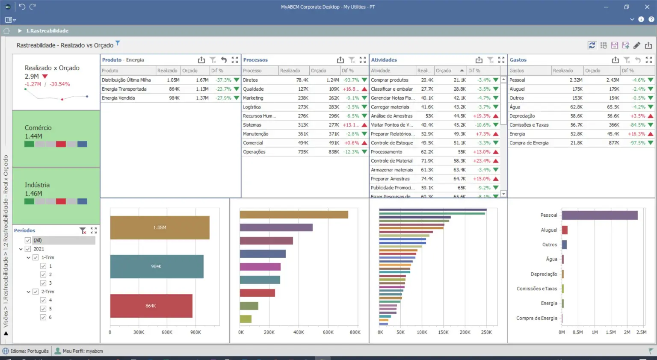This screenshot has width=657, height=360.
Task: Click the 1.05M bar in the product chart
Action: (x=160, y=227)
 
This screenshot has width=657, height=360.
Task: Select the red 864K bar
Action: (x=151, y=306)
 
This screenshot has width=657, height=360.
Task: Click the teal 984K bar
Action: (x=157, y=266)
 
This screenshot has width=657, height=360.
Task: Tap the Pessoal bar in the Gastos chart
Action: (x=599, y=215)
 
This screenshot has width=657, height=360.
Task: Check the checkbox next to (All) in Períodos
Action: (x=28, y=240)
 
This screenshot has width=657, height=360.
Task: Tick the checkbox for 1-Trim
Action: (x=36, y=257)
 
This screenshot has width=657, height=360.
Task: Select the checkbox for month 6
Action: (x=43, y=317)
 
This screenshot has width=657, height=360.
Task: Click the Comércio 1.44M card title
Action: (x=38, y=128)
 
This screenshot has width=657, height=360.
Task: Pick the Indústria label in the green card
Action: (x=37, y=185)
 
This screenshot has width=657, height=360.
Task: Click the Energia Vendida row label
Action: (x=118, y=98)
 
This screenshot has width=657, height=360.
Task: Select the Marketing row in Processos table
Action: (x=253, y=98)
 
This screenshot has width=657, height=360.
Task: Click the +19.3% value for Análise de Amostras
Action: (x=482, y=116)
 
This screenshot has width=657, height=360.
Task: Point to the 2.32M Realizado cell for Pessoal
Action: (x=576, y=80)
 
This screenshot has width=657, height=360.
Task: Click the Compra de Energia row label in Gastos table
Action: (x=529, y=143)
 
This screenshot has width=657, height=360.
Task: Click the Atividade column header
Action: (x=381, y=71)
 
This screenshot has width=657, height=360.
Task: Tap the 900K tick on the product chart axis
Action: (x=195, y=332)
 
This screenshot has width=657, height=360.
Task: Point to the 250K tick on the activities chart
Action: (x=486, y=332)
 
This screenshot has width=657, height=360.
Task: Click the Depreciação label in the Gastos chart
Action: (x=544, y=274)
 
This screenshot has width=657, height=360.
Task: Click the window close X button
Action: (x=647, y=7)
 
